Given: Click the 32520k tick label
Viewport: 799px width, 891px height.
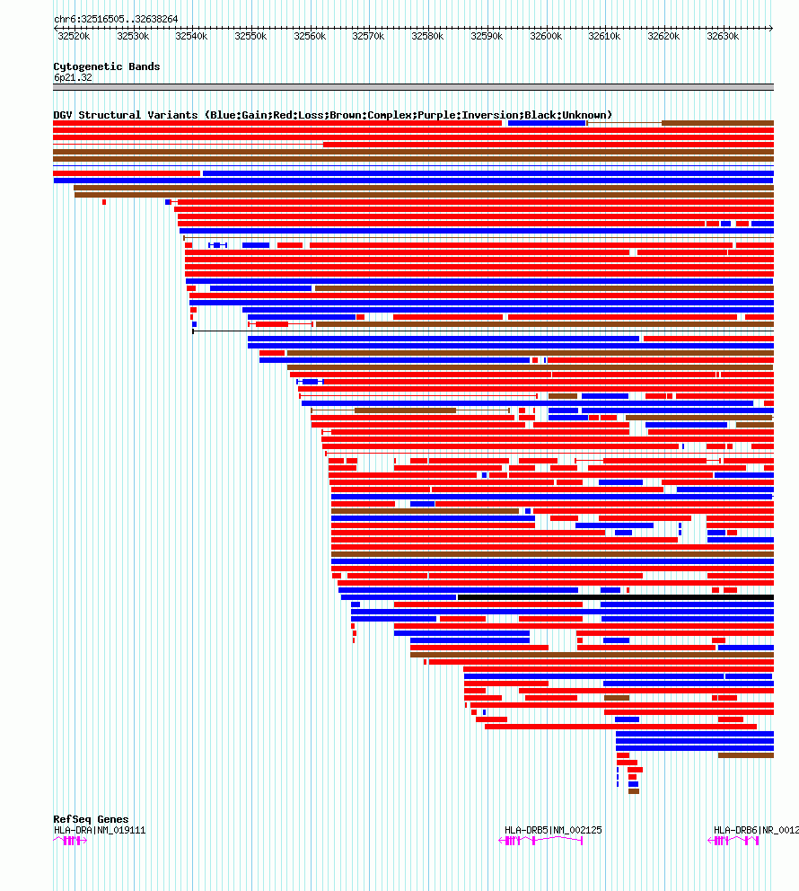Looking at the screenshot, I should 74,36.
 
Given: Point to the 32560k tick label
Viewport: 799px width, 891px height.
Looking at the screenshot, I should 310,36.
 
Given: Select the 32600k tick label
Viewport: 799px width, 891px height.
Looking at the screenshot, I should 545,36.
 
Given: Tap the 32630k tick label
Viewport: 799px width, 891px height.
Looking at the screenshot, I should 722,36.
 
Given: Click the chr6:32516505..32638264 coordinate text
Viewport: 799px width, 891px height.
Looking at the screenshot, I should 116,19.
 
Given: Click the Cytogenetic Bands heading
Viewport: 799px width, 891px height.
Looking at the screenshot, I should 106,66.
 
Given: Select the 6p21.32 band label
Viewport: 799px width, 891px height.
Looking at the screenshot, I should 73,77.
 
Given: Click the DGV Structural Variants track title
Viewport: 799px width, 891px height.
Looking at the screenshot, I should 332,115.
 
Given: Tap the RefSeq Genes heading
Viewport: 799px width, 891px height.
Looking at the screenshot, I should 91,819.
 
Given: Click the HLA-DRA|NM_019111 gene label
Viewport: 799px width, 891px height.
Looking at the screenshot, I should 99,830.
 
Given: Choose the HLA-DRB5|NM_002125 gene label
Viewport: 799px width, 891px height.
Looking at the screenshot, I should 553,830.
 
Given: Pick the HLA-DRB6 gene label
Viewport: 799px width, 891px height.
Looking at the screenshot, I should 754,830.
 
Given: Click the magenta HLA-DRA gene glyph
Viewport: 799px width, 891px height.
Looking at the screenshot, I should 71,841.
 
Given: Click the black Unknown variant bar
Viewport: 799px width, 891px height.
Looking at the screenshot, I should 615,597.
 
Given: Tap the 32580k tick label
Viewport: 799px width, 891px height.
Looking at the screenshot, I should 427,36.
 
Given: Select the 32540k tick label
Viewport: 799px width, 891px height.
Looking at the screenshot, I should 191,36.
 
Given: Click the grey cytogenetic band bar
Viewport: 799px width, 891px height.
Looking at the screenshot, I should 413,87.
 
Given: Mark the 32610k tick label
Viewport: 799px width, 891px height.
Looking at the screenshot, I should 604,36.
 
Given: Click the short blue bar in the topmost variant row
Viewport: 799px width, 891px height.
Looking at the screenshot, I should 547,123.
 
